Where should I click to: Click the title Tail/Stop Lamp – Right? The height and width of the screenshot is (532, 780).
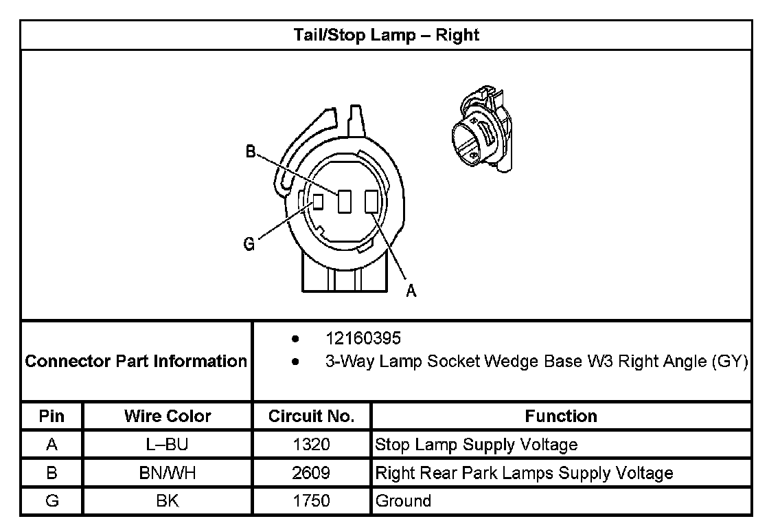(386, 35)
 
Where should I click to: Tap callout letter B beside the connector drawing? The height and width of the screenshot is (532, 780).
(251, 152)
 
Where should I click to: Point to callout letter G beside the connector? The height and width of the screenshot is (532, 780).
(249, 244)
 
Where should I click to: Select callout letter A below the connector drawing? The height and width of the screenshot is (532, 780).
(411, 291)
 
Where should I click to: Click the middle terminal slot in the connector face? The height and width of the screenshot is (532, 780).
(345, 201)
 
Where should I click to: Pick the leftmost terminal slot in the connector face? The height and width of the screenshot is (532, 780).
(318, 202)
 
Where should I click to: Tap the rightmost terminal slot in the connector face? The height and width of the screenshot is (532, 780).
(371, 201)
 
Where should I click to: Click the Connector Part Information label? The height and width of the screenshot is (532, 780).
(136, 361)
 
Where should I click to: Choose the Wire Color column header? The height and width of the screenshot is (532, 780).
(168, 416)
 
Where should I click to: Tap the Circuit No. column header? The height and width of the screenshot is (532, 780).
(311, 416)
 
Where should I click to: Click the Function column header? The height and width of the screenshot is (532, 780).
(560, 416)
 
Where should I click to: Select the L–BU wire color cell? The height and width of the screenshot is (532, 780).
(168, 445)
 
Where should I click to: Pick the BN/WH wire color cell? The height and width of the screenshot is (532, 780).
(168, 473)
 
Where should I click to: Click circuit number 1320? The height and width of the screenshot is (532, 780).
(311, 445)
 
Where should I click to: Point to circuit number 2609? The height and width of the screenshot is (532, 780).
(311, 473)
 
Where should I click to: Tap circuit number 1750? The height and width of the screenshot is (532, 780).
(311, 501)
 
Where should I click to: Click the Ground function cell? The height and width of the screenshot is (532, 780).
(403, 501)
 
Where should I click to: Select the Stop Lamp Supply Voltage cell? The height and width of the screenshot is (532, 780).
(476, 445)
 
